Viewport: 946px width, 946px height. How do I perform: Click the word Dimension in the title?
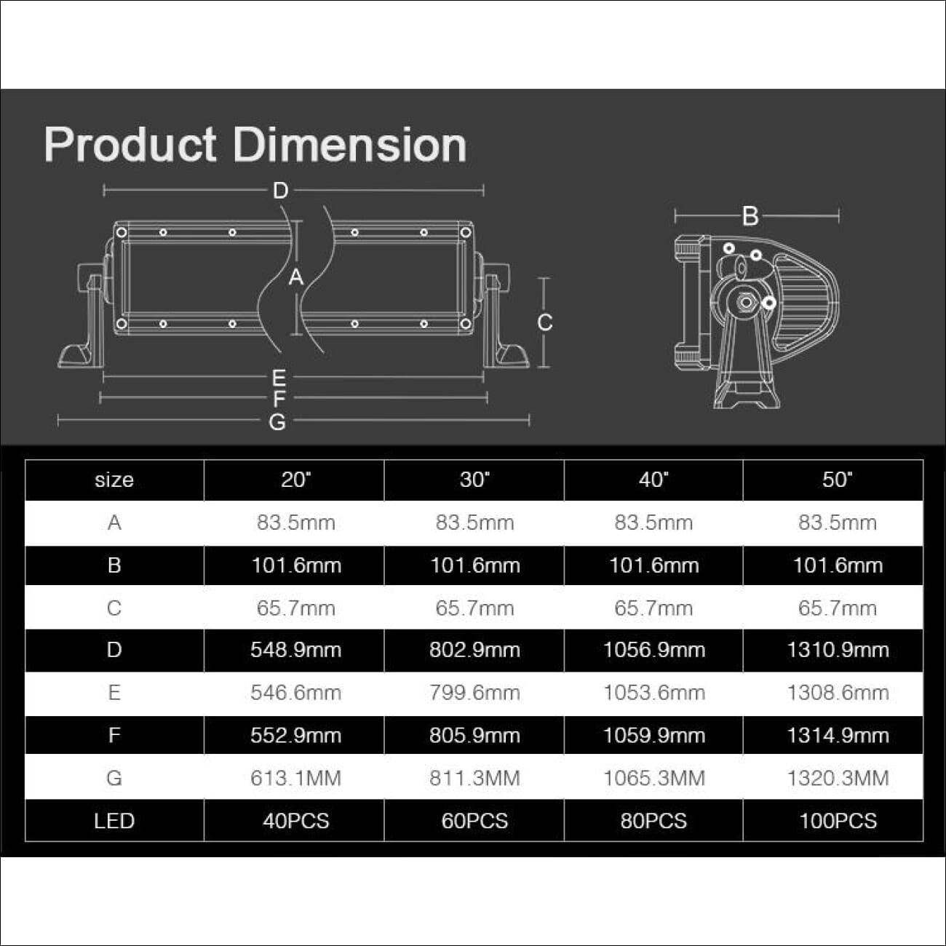(349, 145)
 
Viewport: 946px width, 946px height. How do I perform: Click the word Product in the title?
(130, 145)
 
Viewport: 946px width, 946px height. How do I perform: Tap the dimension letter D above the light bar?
(280, 191)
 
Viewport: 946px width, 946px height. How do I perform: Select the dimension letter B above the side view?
(750, 216)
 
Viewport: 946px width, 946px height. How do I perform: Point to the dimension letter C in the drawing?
(545, 322)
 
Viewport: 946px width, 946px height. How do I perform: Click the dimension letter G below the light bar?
(277, 422)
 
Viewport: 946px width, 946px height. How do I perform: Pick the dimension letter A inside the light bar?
(296, 277)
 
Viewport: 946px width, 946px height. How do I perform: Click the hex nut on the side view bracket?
(746, 303)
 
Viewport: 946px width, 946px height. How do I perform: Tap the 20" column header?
(296, 479)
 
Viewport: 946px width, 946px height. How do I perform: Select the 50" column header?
(838, 479)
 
